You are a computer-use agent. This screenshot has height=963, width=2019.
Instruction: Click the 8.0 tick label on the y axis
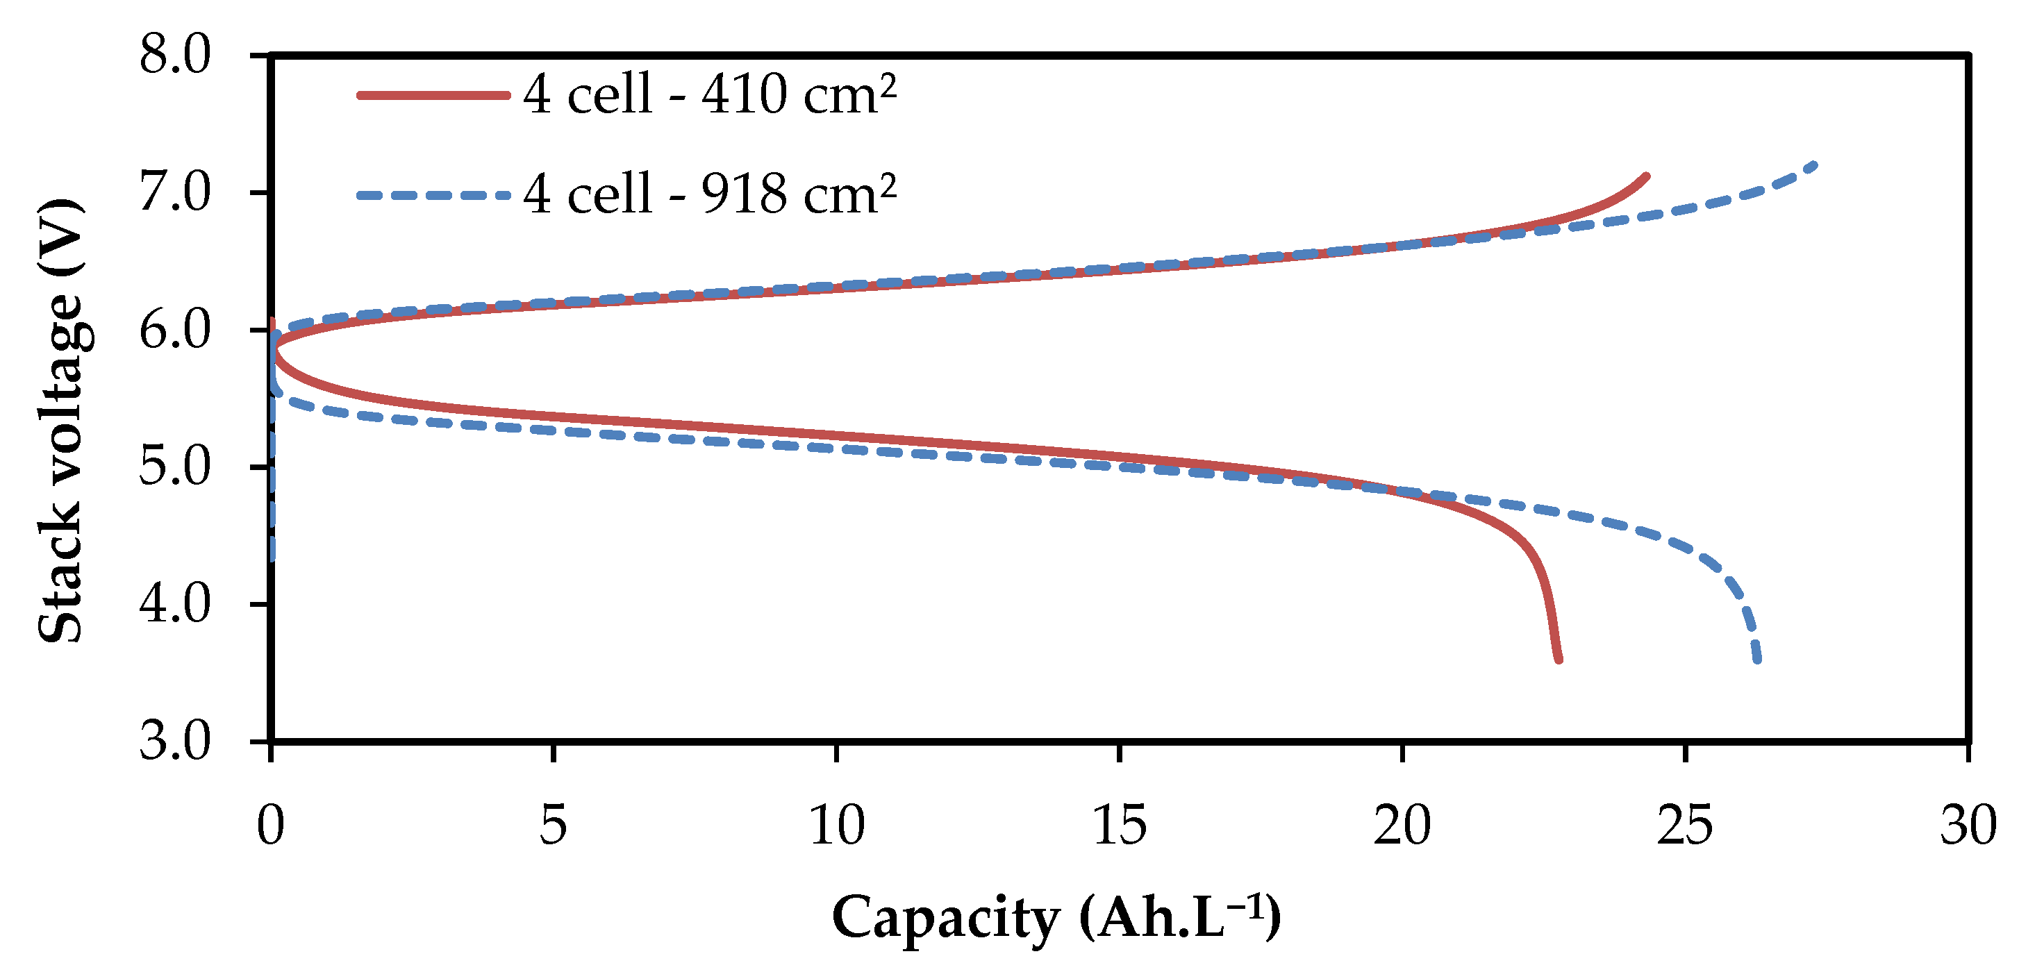pyautogui.click(x=176, y=56)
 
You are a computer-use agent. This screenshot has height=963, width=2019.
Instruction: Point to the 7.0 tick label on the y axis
pyautogui.click(x=176, y=193)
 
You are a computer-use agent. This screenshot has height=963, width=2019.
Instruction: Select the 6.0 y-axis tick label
pyautogui.click(x=176, y=330)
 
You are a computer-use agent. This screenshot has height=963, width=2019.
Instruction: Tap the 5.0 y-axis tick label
pyautogui.click(x=176, y=467)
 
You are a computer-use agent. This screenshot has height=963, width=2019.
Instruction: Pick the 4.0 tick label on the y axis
pyautogui.click(x=176, y=604)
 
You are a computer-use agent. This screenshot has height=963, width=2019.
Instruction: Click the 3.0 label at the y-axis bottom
pyautogui.click(x=176, y=742)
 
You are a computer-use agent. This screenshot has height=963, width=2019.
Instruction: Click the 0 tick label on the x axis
pyautogui.click(x=270, y=826)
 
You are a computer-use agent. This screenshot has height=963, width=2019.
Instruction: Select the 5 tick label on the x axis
pyautogui.click(x=554, y=826)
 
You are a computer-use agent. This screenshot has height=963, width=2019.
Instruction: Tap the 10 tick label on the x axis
pyautogui.click(x=836, y=826)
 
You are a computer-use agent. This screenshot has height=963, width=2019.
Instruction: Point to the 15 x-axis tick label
pyautogui.click(x=1119, y=826)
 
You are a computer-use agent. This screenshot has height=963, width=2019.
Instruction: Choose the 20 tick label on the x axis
pyautogui.click(x=1402, y=826)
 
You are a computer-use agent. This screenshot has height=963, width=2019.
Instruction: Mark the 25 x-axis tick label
pyautogui.click(x=1685, y=826)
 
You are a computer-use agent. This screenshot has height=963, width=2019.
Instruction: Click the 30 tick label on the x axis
pyautogui.click(x=1968, y=826)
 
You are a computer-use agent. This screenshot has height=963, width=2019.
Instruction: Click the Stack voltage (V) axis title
pyautogui.click(x=61, y=421)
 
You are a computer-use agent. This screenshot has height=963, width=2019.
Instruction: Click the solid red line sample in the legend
pyautogui.click(x=433, y=96)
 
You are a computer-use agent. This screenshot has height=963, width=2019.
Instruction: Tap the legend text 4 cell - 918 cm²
pyautogui.click(x=709, y=194)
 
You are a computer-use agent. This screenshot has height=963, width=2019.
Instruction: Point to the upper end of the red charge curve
pyautogui.click(x=1647, y=177)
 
